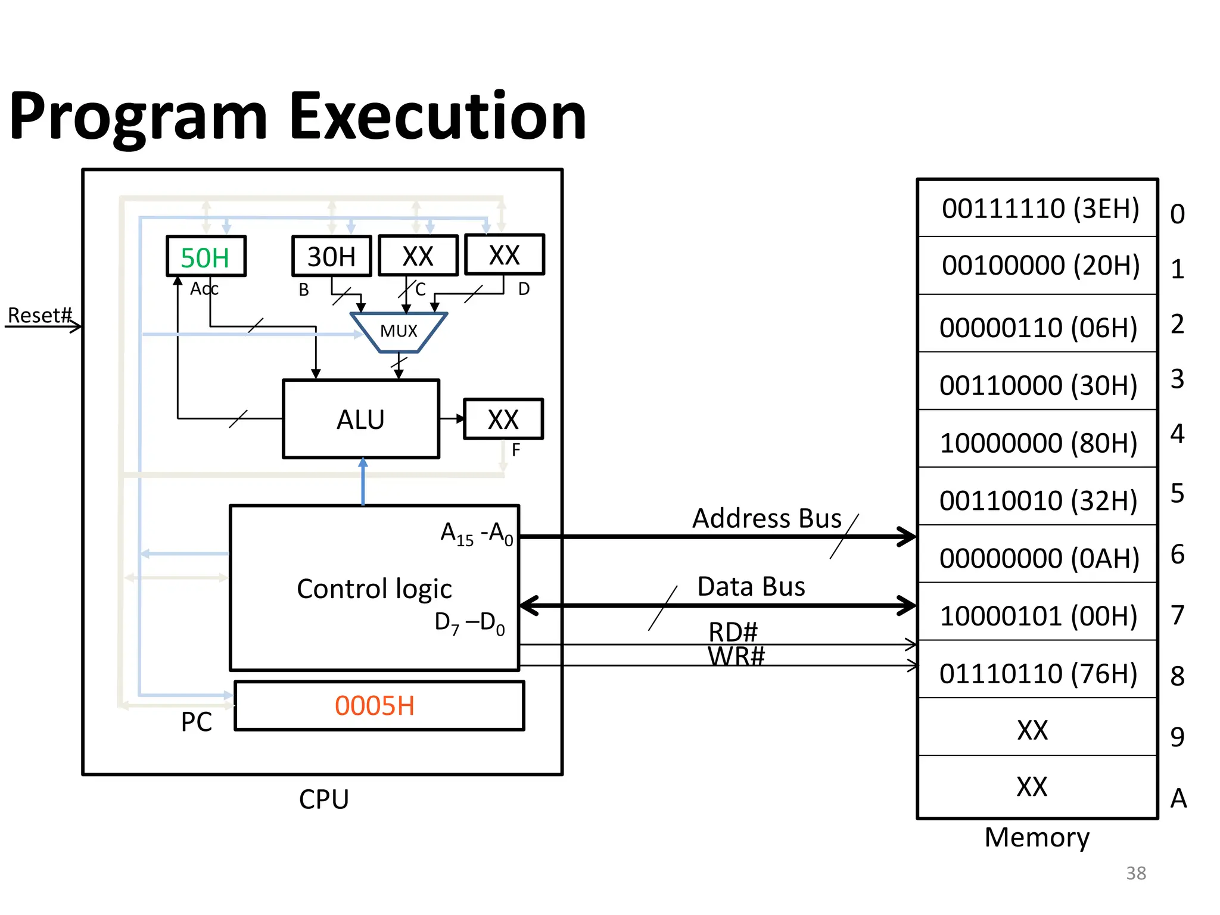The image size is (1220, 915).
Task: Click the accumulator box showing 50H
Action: click(x=206, y=257)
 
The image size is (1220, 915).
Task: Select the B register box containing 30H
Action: click(x=331, y=257)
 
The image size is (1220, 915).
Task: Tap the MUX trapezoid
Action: click(x=399, y=331)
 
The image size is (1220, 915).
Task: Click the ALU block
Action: click(x=361, y=419)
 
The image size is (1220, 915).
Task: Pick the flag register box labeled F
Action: click(x=503, y=419)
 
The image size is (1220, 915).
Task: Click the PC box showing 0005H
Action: click(x=379, y=706)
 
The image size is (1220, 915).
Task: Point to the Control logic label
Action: click(x=374, y=589)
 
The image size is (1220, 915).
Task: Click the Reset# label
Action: click(x=40, y=315)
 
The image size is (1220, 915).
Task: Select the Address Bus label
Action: click(x=767, y=518)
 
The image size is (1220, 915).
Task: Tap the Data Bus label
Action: click(x=751, y=587)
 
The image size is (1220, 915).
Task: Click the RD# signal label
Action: click(x=733, y=631)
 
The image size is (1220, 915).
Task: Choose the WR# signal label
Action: click(x=736, y=656)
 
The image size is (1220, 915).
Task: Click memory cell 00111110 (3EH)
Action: click(x=1040, y=208)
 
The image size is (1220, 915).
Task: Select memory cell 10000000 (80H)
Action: click(x=1038, y=443)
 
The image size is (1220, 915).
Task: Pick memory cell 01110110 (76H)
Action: click(x=1038, y=673)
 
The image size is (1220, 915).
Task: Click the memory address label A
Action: click(x=1178, y=798)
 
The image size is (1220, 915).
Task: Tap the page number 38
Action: click(x=1136, y=873)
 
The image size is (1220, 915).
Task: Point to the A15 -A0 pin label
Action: click(x=477, y=533)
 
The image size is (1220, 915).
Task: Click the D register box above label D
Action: click(x=504, y=255)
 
